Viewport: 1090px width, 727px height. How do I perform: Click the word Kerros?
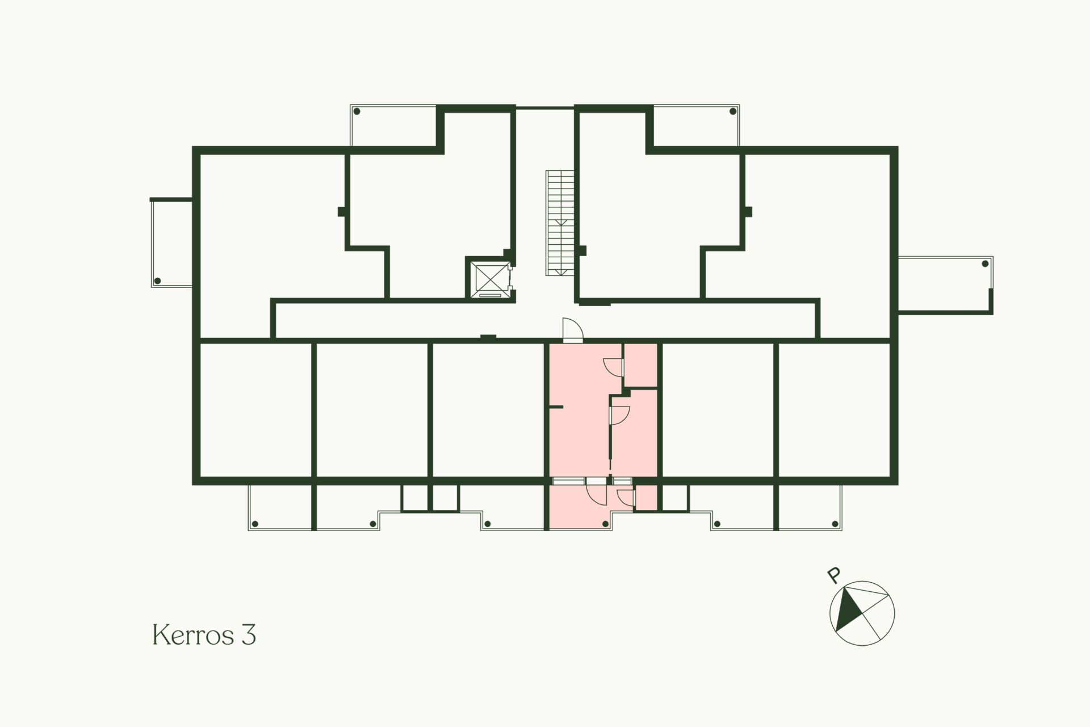[x=194, y=634]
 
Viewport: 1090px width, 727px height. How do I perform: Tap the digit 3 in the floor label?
[x=249, y=634]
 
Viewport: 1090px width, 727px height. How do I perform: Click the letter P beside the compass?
[x=833, y=575]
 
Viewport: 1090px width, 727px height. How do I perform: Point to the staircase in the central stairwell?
[x=560, y=223]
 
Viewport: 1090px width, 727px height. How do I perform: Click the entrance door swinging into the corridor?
[x=572, y=330]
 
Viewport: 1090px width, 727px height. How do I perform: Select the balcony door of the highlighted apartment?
[x=597, y=492]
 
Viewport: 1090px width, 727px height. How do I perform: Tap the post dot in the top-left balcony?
[x=357, y=111]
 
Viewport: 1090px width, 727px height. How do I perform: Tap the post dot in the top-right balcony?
[x=732, y=111]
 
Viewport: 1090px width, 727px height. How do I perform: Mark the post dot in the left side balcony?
[x=158, y=281]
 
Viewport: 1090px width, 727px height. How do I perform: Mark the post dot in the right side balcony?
[x=986, y=264]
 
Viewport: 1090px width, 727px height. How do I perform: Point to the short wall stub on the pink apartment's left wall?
[x=556, y=407]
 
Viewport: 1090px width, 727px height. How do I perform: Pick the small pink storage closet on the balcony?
[x=646, y=498]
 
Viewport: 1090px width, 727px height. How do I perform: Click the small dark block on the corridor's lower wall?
[x=488, y=338]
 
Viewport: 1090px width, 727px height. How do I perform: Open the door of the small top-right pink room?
[x=614, y=367]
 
